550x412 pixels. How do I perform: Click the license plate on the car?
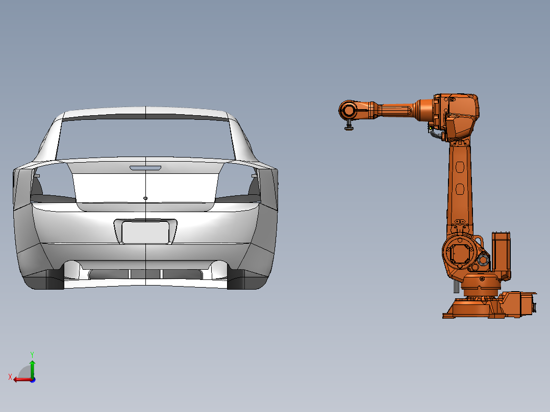pos(145,233)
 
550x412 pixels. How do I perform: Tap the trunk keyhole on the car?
pos(145,198)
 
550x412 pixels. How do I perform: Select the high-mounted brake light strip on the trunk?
pos(145,168)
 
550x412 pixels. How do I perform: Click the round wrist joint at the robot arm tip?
pos(349,110)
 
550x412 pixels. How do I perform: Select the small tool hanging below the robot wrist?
pos(349,126)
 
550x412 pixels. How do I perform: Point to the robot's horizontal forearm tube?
pos(395,110)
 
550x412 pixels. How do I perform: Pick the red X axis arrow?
pos(20,379)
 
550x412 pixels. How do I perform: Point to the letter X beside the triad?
pos(10,377)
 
